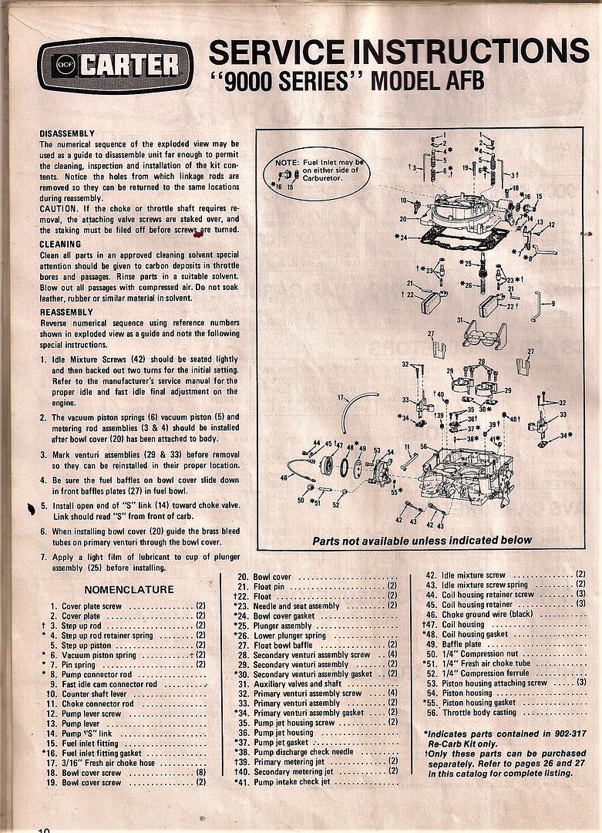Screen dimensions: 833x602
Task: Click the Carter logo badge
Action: pos(115,64)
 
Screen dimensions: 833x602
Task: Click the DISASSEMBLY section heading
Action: pos(67,133)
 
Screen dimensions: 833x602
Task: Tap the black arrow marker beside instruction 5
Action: pos(31,508)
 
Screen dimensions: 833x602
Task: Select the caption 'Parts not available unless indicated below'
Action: pos(422,541)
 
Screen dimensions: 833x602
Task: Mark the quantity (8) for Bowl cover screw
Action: pos(200,773)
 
